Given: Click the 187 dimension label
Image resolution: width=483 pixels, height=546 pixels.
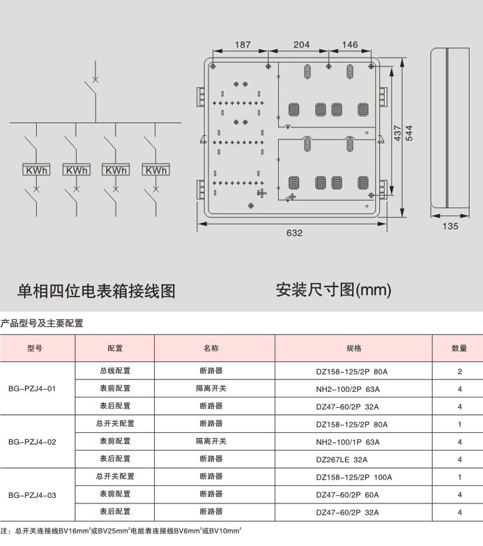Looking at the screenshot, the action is [x=243, y=45].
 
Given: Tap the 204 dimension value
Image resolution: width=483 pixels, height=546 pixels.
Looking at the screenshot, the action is [x=301, y=45].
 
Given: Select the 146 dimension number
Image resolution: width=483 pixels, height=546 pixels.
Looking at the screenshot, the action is [x=350, y=45].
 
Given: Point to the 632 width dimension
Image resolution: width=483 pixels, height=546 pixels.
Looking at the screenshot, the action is [x=294, y=233].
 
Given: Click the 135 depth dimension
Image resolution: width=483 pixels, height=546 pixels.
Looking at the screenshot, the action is [x=450, y=227].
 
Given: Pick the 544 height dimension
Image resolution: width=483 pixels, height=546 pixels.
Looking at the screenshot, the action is [x=409, y=133].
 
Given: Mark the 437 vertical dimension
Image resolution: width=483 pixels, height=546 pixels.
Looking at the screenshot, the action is [x=397, y=133].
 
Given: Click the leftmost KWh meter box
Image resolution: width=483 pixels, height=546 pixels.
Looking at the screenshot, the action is [x=36, y=169].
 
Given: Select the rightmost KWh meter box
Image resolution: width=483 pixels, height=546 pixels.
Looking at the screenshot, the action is [x=156, y=169].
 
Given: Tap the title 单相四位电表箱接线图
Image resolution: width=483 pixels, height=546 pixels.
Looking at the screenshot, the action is [x=96, y=291].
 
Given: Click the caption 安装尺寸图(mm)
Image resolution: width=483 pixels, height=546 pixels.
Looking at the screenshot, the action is [x=333, y=290].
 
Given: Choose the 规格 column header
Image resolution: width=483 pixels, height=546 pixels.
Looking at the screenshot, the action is [x=354, y=348].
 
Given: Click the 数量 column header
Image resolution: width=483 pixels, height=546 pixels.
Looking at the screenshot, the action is [x=459, y=348].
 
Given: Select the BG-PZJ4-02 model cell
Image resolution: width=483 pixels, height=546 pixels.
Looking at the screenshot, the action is [x=32, y=442].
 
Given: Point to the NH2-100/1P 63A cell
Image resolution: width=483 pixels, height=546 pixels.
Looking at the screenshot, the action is [x=348, y=442].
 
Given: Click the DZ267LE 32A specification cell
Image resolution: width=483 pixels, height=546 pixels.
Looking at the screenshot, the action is [x=342, y=460].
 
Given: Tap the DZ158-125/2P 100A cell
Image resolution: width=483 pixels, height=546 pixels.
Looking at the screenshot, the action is [x=354, y=477].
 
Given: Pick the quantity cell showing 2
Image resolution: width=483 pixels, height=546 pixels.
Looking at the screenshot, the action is [x=460, y=372].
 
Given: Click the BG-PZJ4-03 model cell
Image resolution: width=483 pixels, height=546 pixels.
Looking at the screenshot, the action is [x=32, y=495].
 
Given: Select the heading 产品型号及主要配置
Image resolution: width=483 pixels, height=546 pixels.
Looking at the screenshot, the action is [x=42, y=323].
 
